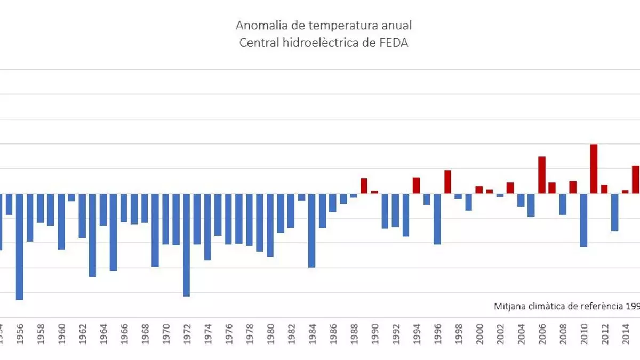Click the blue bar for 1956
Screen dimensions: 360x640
pyautogui.click(x=19, y=246)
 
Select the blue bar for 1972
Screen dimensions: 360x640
pyautogui.click(x=187, y=244)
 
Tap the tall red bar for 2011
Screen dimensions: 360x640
pyautogui.click(x=594, y=169)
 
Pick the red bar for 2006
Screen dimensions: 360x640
pyautogui.click(x=541, y=175)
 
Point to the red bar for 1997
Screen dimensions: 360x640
pyautogui.click(x=447, y=182)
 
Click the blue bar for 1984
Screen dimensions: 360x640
pyautogui.click(x=311, y=230)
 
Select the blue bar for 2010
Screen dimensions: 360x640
pyautogui.click(x=583, y=220)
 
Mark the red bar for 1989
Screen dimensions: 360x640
pyautogui.click(x=364, y=186)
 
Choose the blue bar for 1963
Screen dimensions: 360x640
pyautogui.click(x=92, y=235)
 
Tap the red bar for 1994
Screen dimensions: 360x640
pyautogui.click(x=416, y=185)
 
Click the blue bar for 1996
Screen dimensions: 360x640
pyautogui.click(x=437, y=219)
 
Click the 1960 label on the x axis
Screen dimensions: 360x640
pyautogui.click(x=61, y=334)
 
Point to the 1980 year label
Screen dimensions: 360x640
pyautogui.click(x=270, y=334)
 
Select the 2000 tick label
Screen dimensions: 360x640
pyautogui.click(x=479, y=334)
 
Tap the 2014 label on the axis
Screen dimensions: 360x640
pyautogui.click(x=625, y=334)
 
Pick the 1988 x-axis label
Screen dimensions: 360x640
pyautogui.click(x=354, y=334)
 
